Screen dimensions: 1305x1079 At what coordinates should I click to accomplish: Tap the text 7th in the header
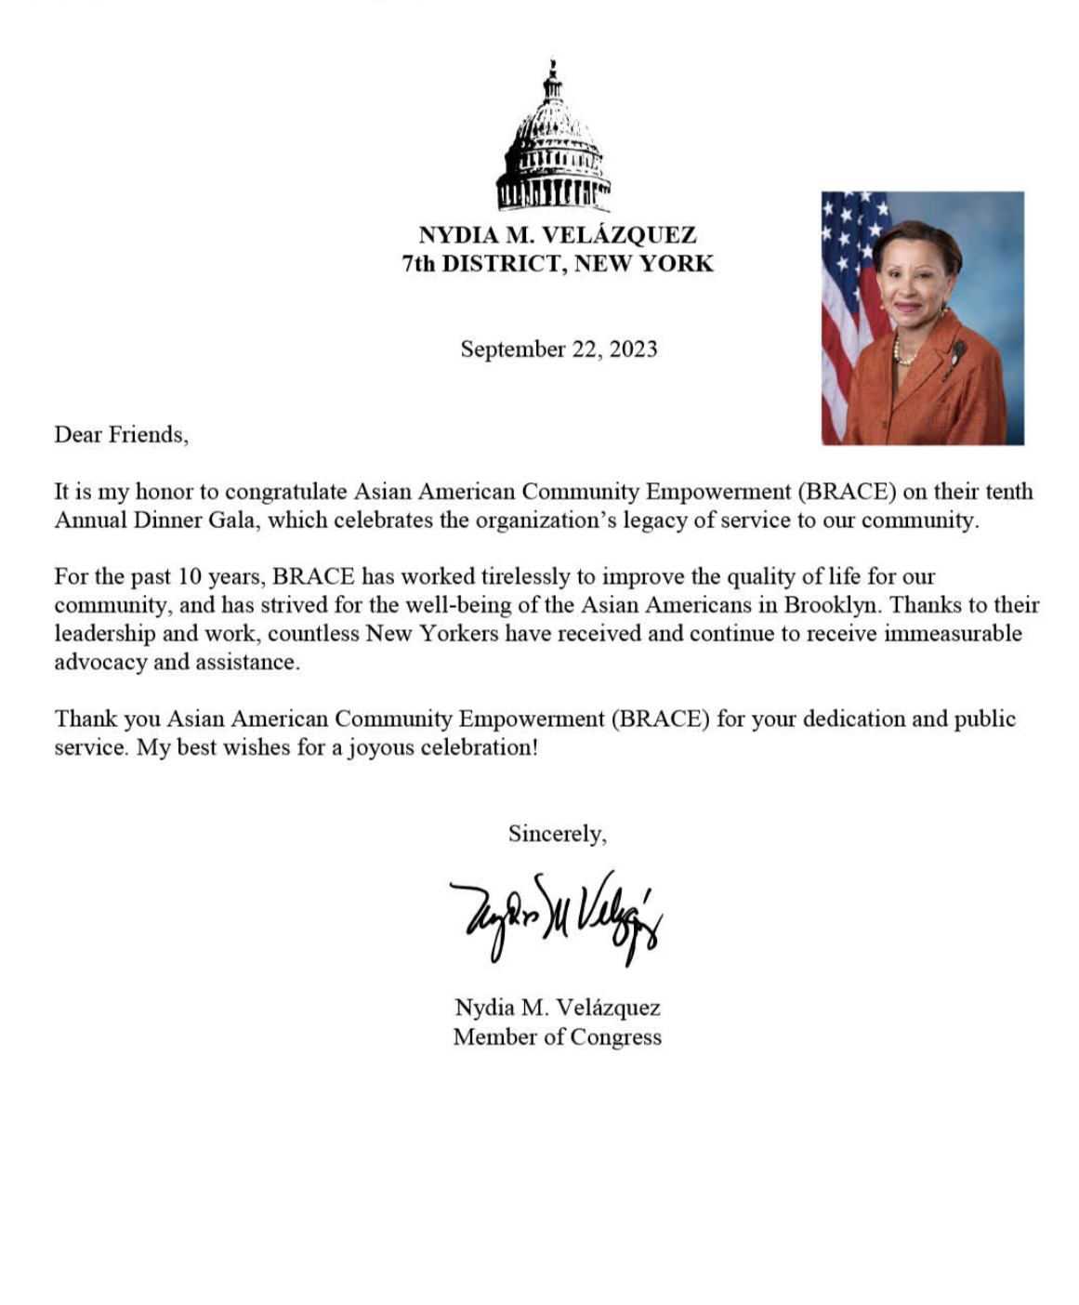tap(418, 264)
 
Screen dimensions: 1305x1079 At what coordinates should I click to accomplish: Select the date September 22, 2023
tap(559, 349)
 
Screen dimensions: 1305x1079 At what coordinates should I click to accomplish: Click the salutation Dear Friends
tap(121, 435)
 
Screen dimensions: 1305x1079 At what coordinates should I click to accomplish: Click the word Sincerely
tap(557, 834)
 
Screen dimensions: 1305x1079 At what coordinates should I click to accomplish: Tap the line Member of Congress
tap(557, 1037)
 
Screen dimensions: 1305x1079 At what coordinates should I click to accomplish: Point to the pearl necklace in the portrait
tap(902, 352)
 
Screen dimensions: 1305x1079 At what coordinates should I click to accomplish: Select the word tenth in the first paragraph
tap(1008, 492)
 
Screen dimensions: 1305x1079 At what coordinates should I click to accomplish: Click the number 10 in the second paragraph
tap(190, 577)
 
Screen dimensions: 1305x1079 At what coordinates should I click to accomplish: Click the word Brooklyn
tap(830, 606)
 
